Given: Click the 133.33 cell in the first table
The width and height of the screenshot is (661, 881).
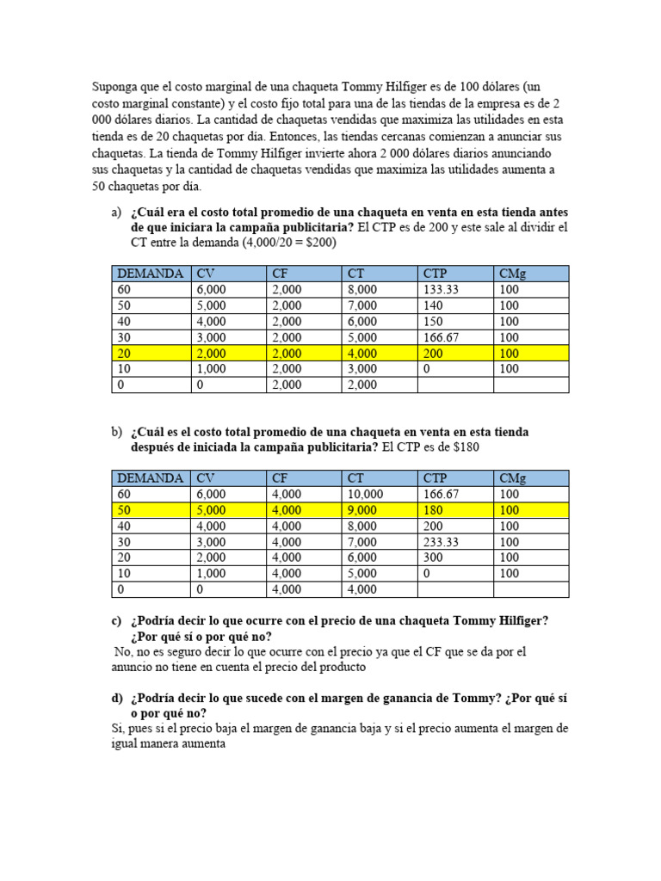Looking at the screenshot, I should pyautogui.click(x=442, y=290).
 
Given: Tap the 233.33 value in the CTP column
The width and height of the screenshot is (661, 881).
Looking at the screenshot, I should pyautogui.click(x=442, y=542).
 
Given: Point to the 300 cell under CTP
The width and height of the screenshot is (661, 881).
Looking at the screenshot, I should pyautogui.click(x=434, y=558).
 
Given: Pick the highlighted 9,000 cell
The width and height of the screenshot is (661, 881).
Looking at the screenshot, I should pyautogui.click(x=361, y=510).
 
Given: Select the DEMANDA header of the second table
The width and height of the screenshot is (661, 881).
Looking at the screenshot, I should pyautogui.click(x=150, y=478).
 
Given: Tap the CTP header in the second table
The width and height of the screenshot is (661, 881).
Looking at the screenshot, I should pyautogui.click(x=436, y=478).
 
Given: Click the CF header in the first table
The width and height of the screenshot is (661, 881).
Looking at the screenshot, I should pyautogui.click(x=281, y=274).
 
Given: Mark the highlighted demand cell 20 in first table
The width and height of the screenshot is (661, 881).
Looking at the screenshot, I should pyautogui.click(x=125, y=353).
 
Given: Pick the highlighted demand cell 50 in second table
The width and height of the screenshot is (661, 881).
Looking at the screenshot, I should pyautogui.click(x=125, y=510).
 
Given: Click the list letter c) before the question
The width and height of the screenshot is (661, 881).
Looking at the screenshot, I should pyautogui.click(x=116, y=621).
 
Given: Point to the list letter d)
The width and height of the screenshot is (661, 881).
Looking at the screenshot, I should pyautogui.click(x=117, y=699).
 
